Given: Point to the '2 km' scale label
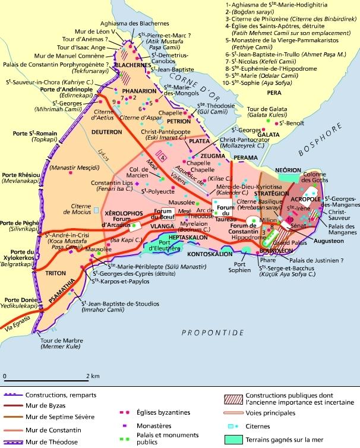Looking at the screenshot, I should click(x=91, y=376).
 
